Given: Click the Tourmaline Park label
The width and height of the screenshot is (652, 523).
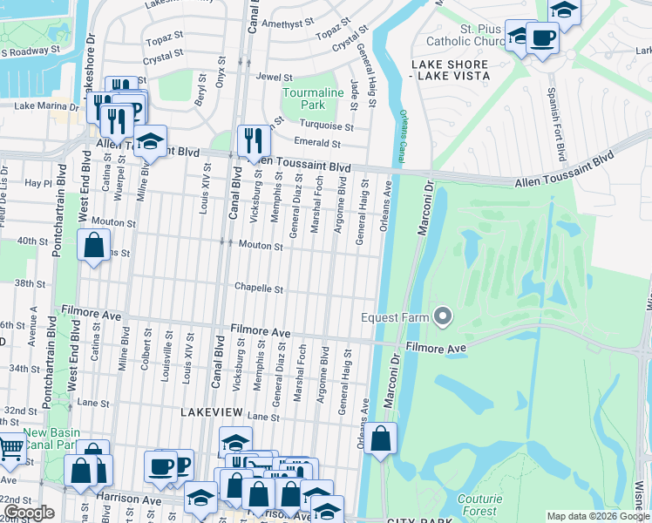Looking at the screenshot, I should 302,98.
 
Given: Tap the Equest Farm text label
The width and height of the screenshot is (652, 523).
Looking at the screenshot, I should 395,317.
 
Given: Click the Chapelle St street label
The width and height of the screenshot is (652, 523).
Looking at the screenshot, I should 258,289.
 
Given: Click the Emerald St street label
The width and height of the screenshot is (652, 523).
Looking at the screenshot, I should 316,144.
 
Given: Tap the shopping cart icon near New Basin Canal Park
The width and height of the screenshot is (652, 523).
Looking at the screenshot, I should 10,447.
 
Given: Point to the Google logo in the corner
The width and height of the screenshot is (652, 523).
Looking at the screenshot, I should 29,513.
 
